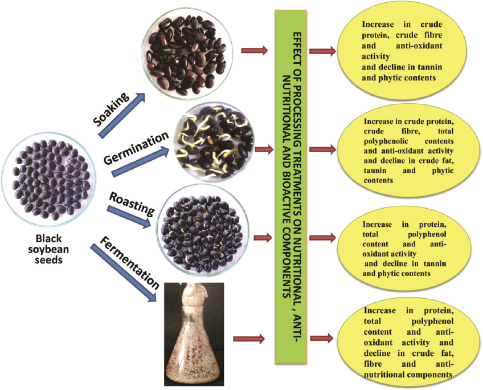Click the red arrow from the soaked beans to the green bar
(254, 51)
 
